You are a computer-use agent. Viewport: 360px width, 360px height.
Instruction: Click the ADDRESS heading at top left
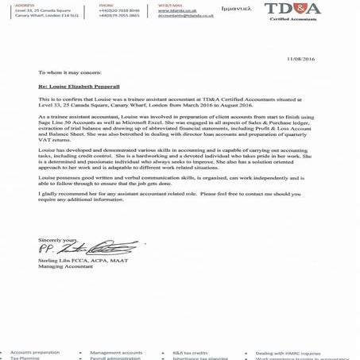coord(15,5)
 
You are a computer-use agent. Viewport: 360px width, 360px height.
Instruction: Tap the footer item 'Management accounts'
coord(116,350)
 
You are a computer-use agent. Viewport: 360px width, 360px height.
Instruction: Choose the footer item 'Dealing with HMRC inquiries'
coord(296,350)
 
